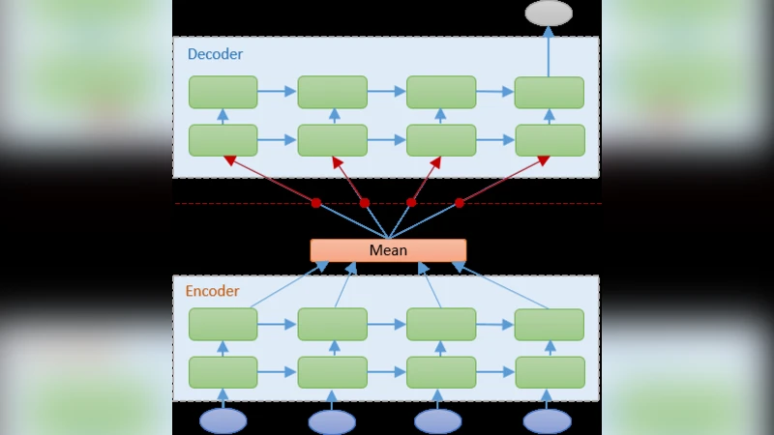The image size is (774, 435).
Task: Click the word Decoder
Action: pyautogui.click(x=215, y=54)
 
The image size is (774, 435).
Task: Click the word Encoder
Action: pyautogui.click(x=212, y=291)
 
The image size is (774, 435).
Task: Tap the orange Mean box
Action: pyautogui.click(x=388, y=250)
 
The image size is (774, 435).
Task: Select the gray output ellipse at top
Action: pyautogui.click(x=549, y=13)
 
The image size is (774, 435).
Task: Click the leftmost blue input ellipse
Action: pyautogui.click(x=223, y=421)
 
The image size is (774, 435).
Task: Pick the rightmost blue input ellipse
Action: pyautogui.click(x=548, y=421)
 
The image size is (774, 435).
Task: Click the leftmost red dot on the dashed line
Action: pyautogui.click(x=315, y=203)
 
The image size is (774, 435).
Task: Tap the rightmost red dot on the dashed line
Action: pyautogui.click(x=460, y=203)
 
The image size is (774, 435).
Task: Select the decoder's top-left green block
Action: pyautogui.click(x=223, y=92)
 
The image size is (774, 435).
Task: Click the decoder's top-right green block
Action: pyautogui.click(x=549, y=92)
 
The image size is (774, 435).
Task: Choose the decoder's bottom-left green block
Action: pyautogui.click(x=223, y=140)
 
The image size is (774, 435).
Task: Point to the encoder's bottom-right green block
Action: pyautogui.click(x=550, y=372)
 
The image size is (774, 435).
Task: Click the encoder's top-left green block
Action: pyautogui.click(x=223, y=325)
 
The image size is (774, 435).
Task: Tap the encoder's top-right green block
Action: pyautogui.click(x=549, y=325)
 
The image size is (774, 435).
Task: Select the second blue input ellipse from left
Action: pyautogui.click(x=332, y=421)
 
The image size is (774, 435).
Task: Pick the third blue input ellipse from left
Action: pyautogui.click(x=439, y=421)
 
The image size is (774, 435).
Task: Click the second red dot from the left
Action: pyautogui.click(x=365, y=203)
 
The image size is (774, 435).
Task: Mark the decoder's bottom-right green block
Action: pyautogui.click(x=550, y=140)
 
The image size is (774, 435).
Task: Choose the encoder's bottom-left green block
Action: pyautogui.click(x=223, y=372)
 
